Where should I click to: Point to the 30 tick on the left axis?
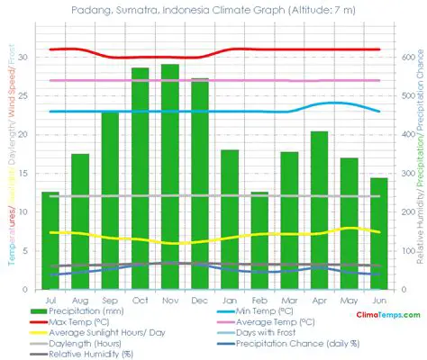point(24,58)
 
